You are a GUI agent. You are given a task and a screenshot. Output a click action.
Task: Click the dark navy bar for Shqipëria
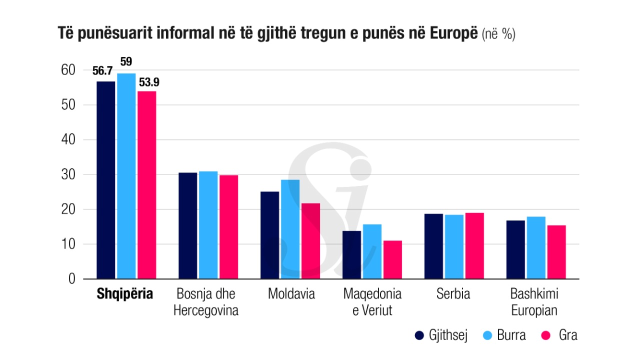tap(105, 180)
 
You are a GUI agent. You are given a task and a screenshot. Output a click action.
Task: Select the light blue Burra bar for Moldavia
tap(290, 229)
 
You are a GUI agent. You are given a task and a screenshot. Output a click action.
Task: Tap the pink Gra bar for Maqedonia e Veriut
tap(392, 259)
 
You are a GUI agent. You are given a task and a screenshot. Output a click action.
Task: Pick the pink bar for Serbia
tap(474, 245)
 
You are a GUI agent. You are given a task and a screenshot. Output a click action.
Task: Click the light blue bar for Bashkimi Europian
tap(536, 247)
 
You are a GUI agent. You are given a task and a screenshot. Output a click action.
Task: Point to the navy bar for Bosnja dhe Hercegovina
tap(187, 225)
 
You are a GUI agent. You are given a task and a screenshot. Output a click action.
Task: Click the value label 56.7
tap(102, 71)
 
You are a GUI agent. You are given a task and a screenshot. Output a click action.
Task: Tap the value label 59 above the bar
tap(126, 62)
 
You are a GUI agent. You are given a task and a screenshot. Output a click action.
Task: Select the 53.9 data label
tap(149, 82)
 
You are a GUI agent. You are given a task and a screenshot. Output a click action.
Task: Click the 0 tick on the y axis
tap(72, 279)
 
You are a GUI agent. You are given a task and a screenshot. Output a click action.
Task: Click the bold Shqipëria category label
tap(124, 294)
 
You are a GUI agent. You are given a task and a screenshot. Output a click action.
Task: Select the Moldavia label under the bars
tap(291, 294)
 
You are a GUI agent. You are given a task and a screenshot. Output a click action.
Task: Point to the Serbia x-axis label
tap(453, 294)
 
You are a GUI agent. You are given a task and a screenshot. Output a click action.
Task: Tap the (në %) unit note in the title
tap(498, 34)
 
